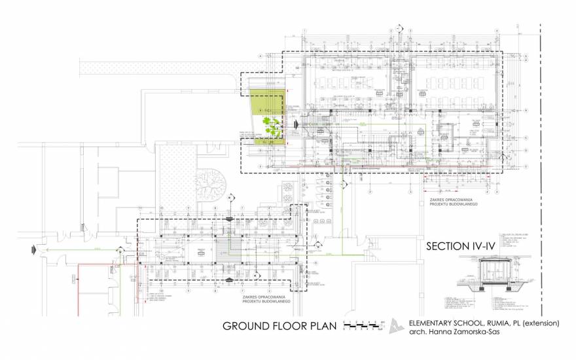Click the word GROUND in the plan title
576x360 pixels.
pos(250,325)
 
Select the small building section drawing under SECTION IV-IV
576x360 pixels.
pos(495,275)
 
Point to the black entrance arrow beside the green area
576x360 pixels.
pos(296,123)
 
